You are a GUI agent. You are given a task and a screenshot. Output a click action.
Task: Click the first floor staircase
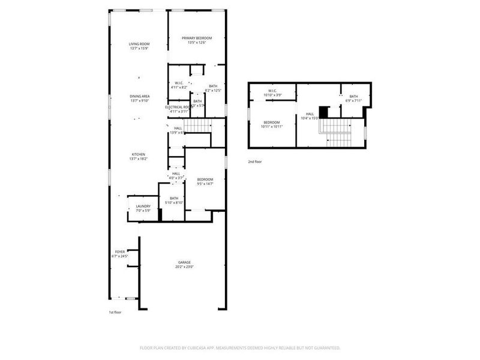pos(197,126)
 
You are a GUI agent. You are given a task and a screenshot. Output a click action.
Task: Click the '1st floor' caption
pos(115,313)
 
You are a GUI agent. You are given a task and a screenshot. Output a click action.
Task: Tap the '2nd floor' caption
pos(255,162)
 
